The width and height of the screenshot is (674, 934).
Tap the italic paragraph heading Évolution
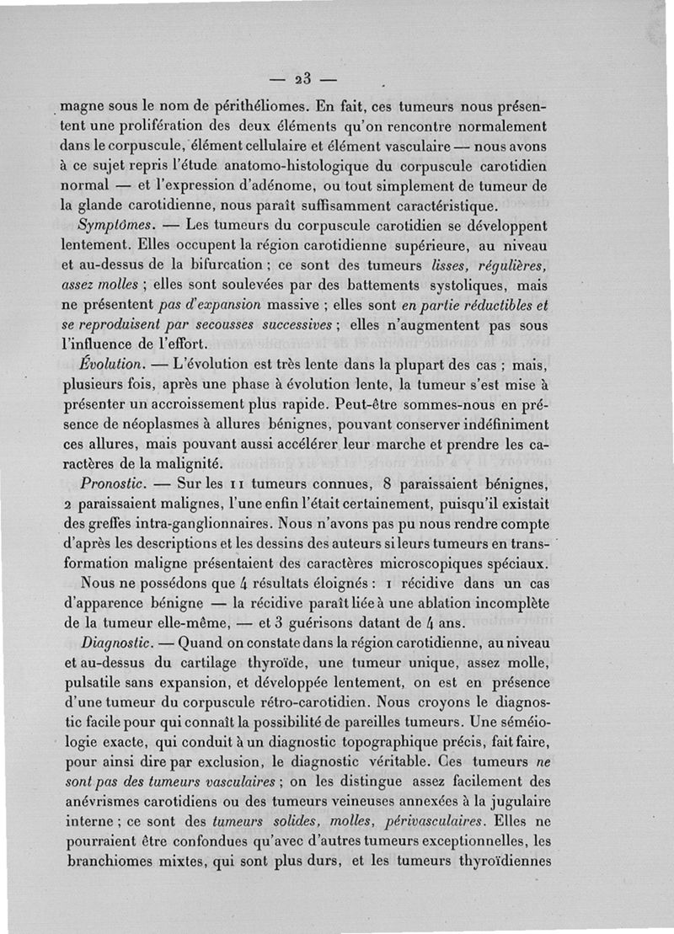pos(110,367)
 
